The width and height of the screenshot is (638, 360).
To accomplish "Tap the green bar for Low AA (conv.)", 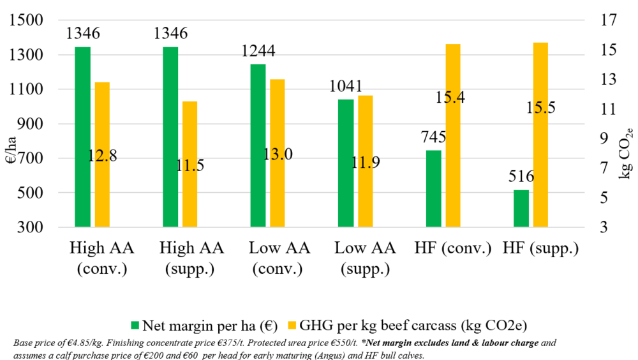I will coord(258,146).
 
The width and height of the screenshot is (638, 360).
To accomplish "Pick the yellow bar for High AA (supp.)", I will coord(189,164).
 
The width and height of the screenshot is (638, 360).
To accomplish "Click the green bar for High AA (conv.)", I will coord(82,137).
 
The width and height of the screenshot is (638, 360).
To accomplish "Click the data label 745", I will coord(433,137).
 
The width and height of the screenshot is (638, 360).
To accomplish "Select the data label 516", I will coord(521,177).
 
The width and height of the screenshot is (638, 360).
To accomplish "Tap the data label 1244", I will coord(258,51).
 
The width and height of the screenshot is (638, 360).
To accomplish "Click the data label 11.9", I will coord(365,162).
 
